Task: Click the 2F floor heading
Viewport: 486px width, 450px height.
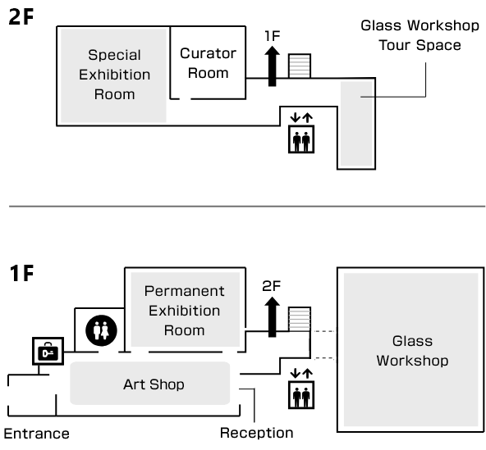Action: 21,16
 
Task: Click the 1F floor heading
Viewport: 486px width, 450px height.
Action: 21,273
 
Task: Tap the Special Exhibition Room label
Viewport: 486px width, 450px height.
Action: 114,75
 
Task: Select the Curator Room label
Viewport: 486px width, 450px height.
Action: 208,63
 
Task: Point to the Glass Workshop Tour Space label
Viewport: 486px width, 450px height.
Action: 420,35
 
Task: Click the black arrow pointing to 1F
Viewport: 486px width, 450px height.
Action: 272,66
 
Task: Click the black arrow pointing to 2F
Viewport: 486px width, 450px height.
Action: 272,316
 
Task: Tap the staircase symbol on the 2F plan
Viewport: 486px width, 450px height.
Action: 300,66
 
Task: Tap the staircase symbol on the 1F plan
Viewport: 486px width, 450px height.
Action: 300,319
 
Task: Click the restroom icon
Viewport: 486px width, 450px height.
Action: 101,330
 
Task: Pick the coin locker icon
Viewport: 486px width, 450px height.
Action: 48,351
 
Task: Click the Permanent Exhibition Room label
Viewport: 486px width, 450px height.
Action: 185,311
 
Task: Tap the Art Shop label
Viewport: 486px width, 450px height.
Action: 154,384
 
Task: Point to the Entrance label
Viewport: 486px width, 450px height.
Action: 37,434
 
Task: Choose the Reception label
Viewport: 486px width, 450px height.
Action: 257,433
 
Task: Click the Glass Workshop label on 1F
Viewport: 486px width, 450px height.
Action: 412,351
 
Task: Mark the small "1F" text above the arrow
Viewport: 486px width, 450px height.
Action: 273,36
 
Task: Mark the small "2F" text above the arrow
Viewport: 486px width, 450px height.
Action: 272,286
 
